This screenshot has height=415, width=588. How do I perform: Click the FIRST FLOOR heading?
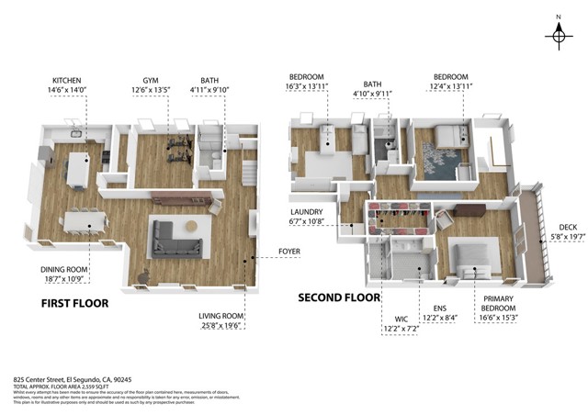(75, 302)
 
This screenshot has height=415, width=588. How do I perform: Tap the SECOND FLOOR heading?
(339, 297)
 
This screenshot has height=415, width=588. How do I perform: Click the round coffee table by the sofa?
(192, 227)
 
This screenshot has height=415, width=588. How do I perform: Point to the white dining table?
(85, 221)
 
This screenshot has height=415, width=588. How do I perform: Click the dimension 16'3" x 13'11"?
(309, 89)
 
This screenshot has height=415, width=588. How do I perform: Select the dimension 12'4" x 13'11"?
(450, 89)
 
